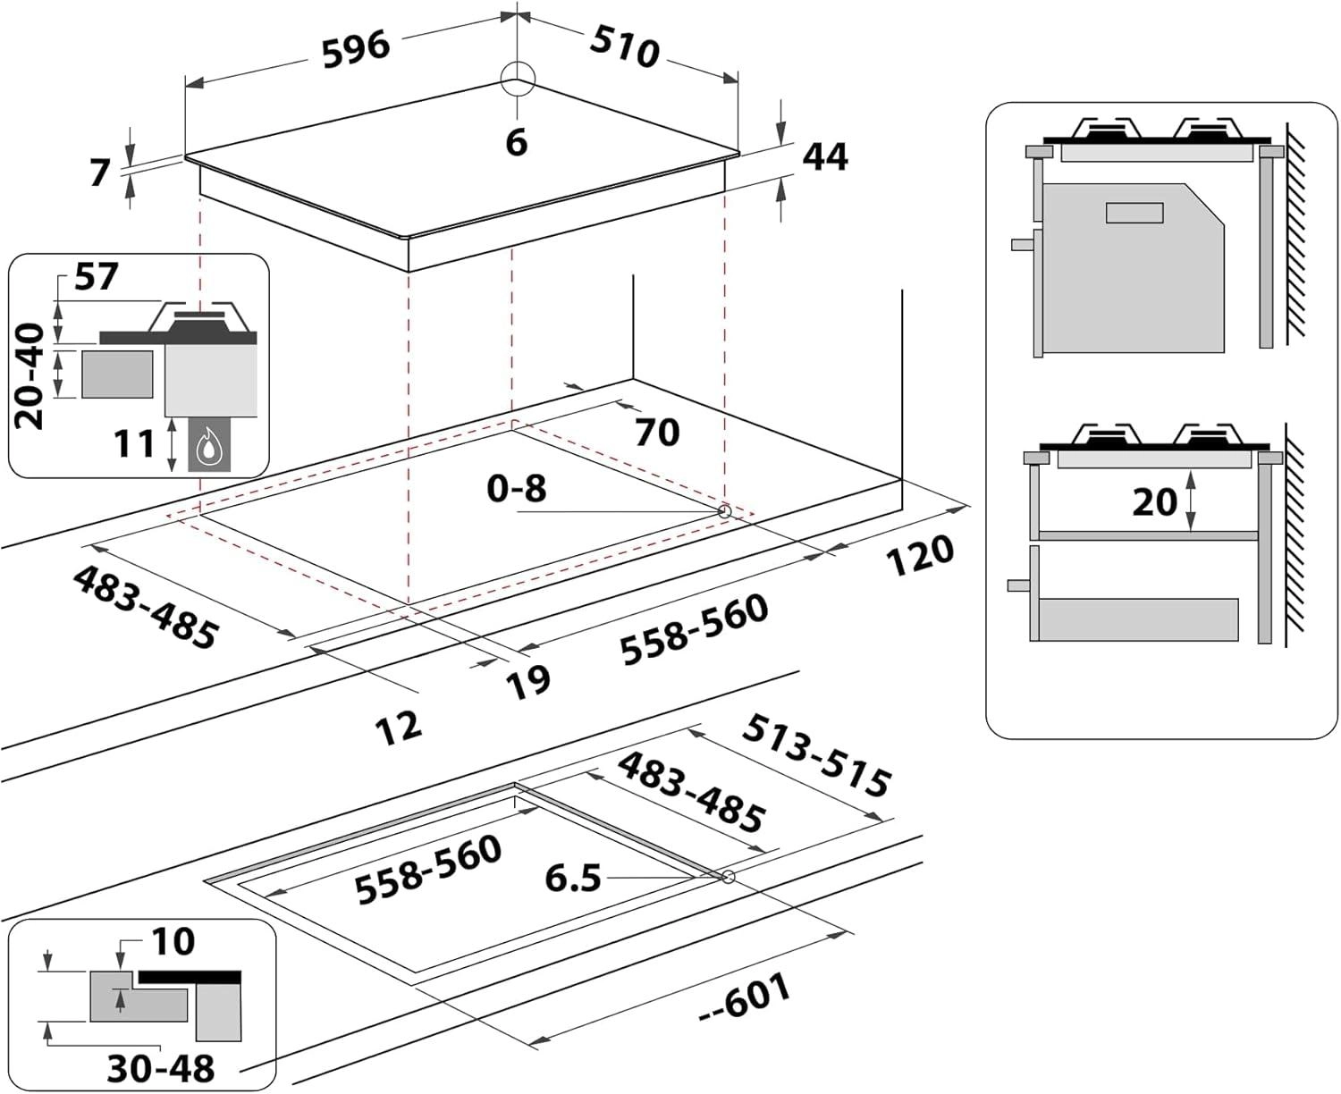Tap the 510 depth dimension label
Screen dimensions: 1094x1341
click(625, 46)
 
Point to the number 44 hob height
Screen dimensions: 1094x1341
click(824, 156)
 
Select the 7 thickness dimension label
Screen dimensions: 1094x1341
click(100, 172)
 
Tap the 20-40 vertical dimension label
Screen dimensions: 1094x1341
click(32, 376)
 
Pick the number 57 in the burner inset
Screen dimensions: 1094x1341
click(96, 277)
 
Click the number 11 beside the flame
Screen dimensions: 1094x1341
click(135, 443)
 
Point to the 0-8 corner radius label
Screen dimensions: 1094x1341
click(516, 488)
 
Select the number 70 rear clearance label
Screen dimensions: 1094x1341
click(657, 433)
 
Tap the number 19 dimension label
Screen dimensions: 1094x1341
click(528, 681)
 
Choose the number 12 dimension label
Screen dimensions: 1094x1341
click(398, 727)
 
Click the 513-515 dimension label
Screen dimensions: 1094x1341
click(816, 754)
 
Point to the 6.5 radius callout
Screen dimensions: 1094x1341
click(573, 878)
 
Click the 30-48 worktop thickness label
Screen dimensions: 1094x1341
click(161, 1069)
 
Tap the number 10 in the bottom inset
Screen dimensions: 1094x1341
click(172, 941)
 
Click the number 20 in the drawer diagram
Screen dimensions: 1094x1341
click(1154, 501)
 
